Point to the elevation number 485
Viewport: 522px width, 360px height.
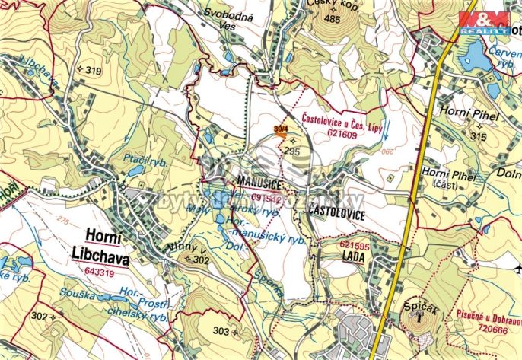pos(331,20)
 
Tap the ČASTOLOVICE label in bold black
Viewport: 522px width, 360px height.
pos(336,215)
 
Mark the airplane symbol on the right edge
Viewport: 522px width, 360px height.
pos(517,268)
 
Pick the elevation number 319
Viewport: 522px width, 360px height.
pos(94,71)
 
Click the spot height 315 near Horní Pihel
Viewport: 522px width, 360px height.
pos(478,136)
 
